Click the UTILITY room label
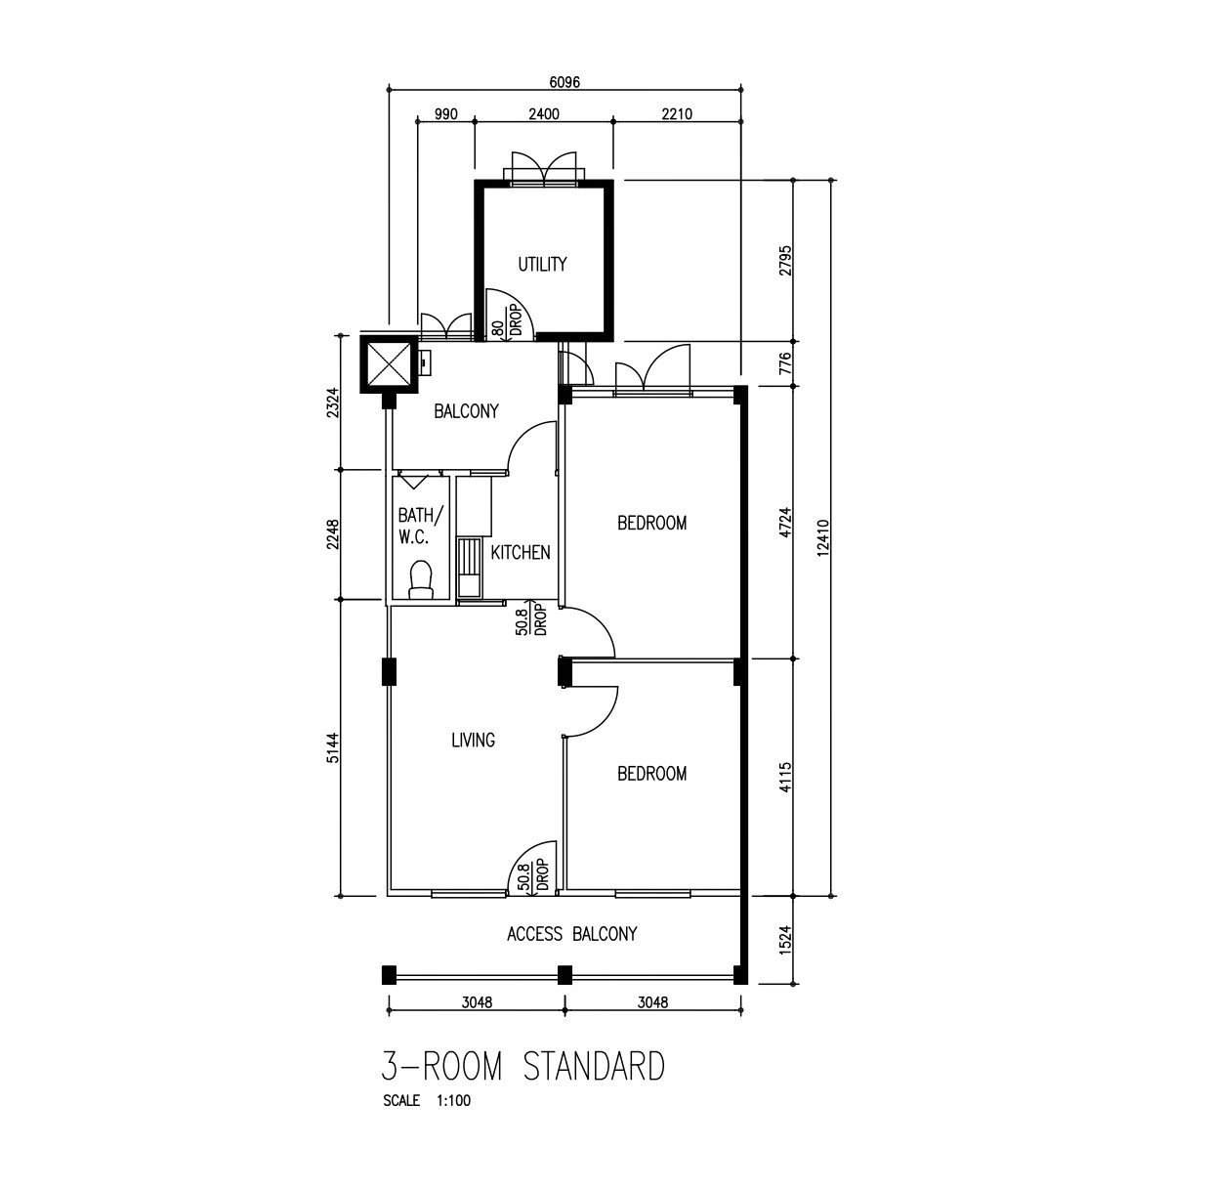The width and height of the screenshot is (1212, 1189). click(542, 265)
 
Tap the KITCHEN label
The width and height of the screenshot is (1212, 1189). click(521, 553)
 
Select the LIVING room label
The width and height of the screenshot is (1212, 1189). click(473, 740)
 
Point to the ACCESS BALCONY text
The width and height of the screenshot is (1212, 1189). click(571, 934)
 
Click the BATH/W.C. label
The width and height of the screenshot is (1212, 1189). click(420, 526)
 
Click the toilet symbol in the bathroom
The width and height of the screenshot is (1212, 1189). click(421, 579)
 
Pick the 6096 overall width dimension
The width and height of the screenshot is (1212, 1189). click(564, 82)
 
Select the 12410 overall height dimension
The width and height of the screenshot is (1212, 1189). click(823, 537)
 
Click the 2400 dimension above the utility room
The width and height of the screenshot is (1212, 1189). click(543, 114)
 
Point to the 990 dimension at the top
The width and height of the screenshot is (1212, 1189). click(446, 114)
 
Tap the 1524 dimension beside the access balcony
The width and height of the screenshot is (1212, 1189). click(784, 940)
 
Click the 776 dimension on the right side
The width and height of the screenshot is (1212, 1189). click(784, 363)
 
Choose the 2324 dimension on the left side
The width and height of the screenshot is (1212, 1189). click(333, 403)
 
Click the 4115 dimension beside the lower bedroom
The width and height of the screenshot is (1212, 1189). click(784, 778)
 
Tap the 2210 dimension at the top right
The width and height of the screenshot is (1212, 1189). click(677, 114)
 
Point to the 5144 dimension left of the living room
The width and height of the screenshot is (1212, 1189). click(333, 747)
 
